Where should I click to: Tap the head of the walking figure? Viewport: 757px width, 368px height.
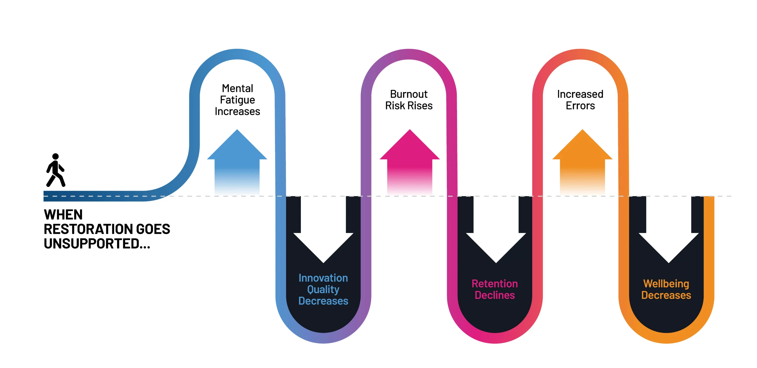(55, 156)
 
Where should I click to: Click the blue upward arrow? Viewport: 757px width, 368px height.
(237, 159)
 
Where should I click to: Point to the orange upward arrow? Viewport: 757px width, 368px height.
(582, 159)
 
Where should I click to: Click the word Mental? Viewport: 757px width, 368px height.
(237, 88)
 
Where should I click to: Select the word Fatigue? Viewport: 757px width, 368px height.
(237, 100)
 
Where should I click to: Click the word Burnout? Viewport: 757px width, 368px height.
(409, 94)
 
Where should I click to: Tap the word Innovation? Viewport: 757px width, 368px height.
(323, 278)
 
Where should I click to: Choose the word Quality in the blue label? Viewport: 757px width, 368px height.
(323, 289)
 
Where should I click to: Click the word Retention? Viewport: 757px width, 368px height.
(495, 284)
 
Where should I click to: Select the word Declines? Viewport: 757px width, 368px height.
(495, 295)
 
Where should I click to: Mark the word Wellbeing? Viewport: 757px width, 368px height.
(666, 284)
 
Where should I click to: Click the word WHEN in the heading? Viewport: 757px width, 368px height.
(63, 214)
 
